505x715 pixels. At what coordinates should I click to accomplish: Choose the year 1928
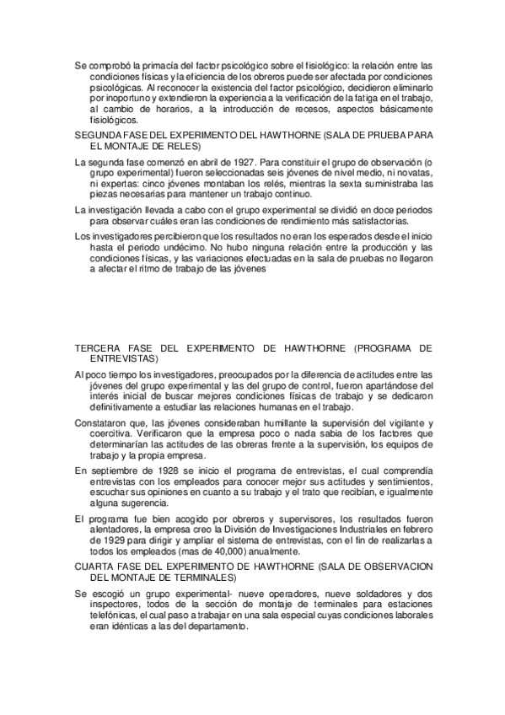click(x=163, y=470)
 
